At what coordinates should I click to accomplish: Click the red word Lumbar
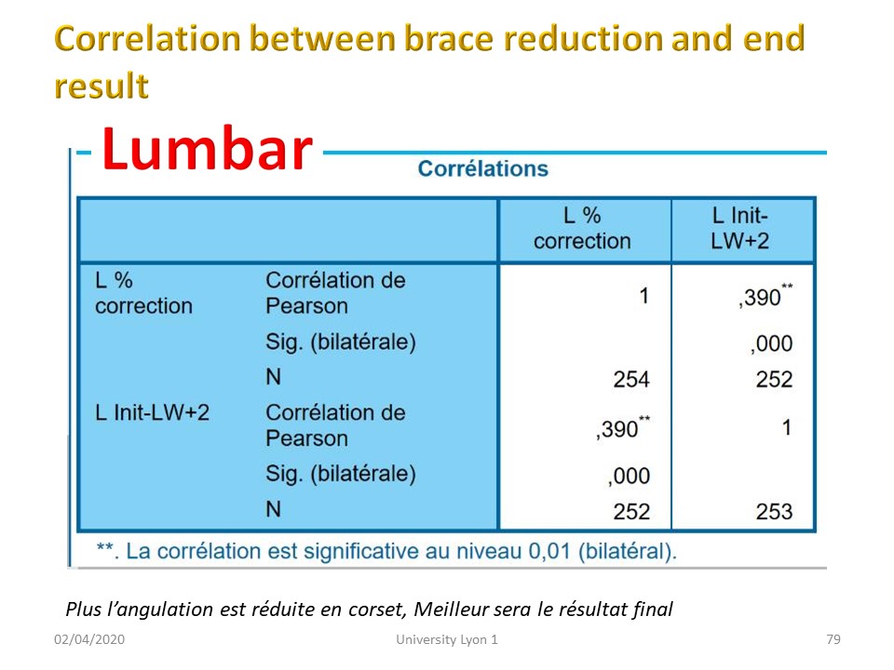[207, 149]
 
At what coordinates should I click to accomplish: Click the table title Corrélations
[483, 168]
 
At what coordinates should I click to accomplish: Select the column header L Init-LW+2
[739, 229]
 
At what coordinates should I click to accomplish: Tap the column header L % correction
[582, 229]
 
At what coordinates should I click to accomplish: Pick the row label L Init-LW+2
[152, 412]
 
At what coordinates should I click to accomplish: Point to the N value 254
[631, 380]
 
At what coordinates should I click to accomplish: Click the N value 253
[774, 512]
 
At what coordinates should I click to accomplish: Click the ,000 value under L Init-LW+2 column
[771, 344]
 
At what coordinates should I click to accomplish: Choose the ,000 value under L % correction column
[629, 476]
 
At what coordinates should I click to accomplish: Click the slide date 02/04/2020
[89, 639]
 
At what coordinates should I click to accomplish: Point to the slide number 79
[833, 639]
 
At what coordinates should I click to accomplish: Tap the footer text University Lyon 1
[447, 640]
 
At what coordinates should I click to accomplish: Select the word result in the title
[102, 86]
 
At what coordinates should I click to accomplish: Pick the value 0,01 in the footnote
[549, 552]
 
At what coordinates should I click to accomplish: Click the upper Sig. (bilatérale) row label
[341, 342]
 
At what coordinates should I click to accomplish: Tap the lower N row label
[273, 509]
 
